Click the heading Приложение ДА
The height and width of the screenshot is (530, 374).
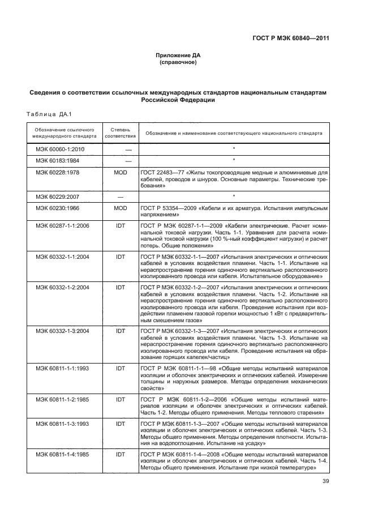(178, 55)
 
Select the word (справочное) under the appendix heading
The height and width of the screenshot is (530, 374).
(178, 62)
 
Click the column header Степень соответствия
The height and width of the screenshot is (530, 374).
(120, 133)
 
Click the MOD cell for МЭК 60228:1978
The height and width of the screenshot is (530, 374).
(120, 172)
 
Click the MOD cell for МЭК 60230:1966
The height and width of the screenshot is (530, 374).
(120, 208)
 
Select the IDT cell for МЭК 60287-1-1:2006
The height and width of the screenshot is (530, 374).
(120, 225)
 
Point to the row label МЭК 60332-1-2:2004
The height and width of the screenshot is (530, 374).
(63, 288)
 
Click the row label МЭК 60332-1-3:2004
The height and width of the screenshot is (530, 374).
(63, 330)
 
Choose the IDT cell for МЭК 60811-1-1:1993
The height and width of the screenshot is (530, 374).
(120, 368)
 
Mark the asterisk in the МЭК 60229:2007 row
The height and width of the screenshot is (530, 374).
(234, 196)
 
